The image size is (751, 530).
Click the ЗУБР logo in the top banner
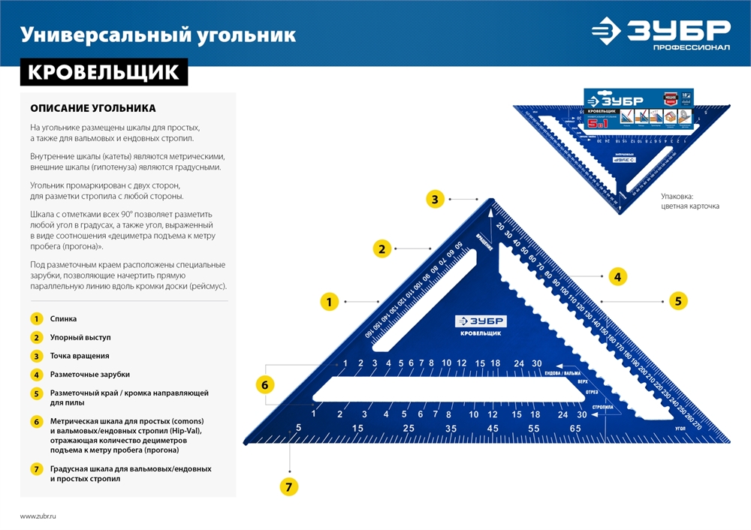[x=660, y=32]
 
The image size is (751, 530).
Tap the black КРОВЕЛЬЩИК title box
[x=104, y=71]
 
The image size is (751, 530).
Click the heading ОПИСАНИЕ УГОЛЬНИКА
[x=93, y=108]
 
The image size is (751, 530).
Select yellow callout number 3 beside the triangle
[x=434, y=199]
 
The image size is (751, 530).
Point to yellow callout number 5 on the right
[x=677, y=301]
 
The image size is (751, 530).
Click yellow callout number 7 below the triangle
[x=289, y=486]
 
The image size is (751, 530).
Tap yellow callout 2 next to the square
[x=382, y=249]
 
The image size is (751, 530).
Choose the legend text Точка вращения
[x=80, y=356]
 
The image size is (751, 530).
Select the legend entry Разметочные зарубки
[x=89, y=374]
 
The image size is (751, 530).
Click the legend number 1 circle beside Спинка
[x=35, y=319]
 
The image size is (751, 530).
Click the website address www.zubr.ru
[x=38, y=516]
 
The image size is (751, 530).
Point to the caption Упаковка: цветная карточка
[x=690, y=200]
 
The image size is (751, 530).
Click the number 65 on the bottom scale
[x=575, y=428]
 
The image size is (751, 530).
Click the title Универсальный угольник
[x=158, y=35]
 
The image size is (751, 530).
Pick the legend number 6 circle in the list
[x=35, y=421]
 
